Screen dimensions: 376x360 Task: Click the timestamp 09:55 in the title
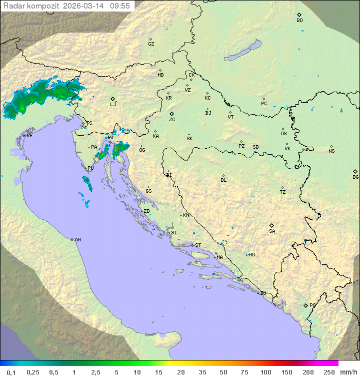tap(120, 6)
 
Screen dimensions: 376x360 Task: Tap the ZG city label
tap(172, 120)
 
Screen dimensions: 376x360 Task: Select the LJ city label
tap(113, 104)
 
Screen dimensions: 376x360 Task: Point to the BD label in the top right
tap(299, 21)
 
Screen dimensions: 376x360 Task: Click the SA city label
tap(272, 231)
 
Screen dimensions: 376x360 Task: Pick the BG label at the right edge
tap(355, 177)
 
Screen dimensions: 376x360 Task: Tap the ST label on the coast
tap(198, 245)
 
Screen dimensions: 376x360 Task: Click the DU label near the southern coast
tap(262, 293)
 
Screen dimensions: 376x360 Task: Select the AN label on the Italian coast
tap(77, 240)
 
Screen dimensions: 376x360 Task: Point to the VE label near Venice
tap(29, 136)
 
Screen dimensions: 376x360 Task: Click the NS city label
tap(331, 151)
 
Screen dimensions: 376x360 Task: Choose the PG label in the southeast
tap(312, 305)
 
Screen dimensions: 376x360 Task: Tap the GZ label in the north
tap(151, 44)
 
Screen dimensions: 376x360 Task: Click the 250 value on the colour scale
tap(328, 372)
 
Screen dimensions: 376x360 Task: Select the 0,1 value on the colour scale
tap(11, 372)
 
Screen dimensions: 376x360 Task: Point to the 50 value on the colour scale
tap(223, 372)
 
